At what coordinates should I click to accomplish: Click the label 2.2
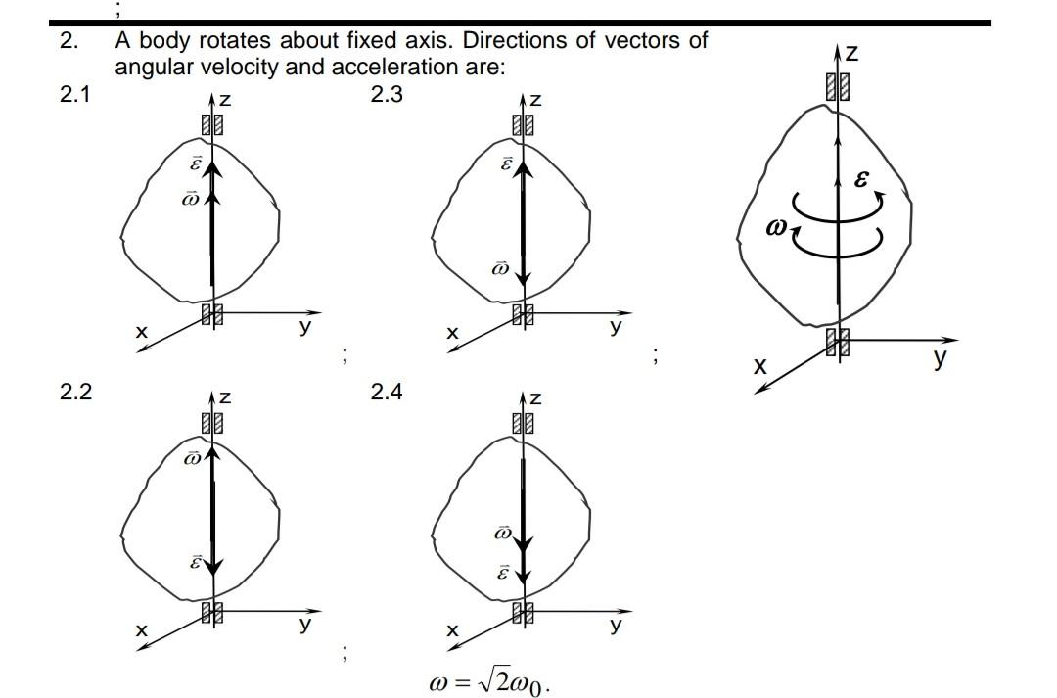click(x=75, y=393)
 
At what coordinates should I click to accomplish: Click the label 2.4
click(x=387, y=393)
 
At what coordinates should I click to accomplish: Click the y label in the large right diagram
click(x=941, y=358)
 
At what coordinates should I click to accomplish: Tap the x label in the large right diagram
click(x=759, y=366)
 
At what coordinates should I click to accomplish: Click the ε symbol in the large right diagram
click(x=861, y=179)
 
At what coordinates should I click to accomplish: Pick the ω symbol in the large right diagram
click(x=778, y=228)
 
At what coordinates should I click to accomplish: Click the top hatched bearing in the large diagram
click(x=837, y=88)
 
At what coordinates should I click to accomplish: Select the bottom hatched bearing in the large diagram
click(x=837, y=342)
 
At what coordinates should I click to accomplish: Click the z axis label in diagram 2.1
click(x=225, y=100)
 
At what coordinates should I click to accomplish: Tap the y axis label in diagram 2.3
click(x=615, y=327)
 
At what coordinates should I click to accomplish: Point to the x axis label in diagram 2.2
click(x=142, y=631)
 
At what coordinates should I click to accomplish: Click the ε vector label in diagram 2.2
click(x=195, y=564)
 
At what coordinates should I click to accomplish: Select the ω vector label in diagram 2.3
click(x=500, y=267)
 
